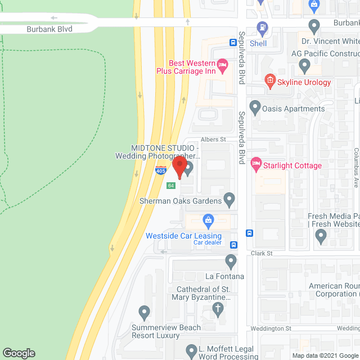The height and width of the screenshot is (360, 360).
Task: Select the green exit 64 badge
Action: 171,186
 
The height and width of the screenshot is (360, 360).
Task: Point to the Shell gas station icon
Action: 262,26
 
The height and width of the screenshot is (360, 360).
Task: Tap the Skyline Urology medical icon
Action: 270,80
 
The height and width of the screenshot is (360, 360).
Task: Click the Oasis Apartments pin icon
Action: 255,106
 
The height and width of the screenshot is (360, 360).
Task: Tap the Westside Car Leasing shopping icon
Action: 208,219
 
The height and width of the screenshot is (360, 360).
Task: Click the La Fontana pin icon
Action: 231,260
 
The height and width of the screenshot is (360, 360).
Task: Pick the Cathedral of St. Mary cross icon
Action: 218,308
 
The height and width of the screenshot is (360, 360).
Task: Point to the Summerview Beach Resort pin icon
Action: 144,311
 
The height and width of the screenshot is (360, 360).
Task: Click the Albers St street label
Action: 214,139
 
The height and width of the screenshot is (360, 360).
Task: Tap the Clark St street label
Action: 262,254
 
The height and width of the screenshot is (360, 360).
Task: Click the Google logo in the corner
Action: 18,353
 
